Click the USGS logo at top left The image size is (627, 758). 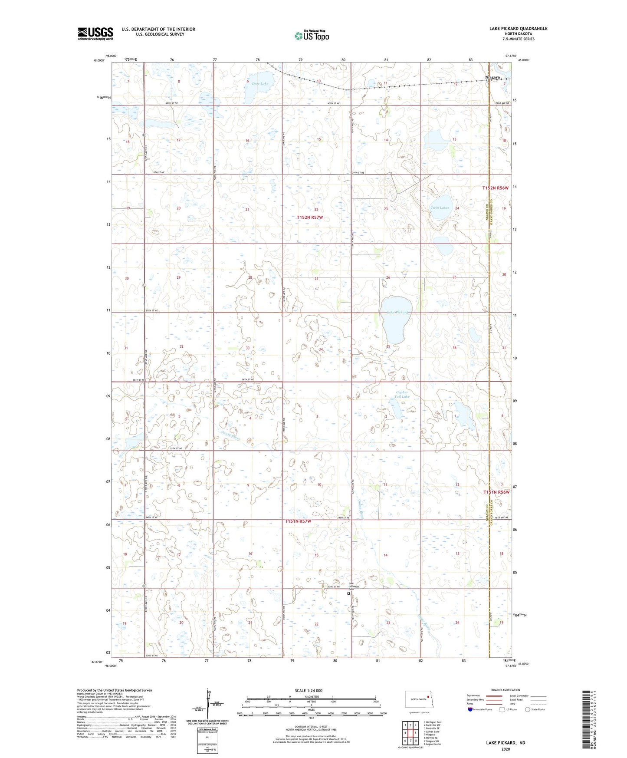click(95, 33)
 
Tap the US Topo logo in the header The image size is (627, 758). click(312, 36)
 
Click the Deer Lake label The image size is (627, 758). click(260, 83)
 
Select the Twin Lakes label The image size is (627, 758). click(440, 208)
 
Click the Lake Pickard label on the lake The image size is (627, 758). click(397, 312)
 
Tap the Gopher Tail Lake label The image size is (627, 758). click(402, 394)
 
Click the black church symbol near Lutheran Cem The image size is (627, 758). click(348, 593)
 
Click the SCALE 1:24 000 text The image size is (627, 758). click(309, 690)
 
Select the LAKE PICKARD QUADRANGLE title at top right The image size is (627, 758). click(518, 29)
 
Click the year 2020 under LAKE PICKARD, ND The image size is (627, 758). click(505, 749)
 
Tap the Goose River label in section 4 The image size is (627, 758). click(230, 433)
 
